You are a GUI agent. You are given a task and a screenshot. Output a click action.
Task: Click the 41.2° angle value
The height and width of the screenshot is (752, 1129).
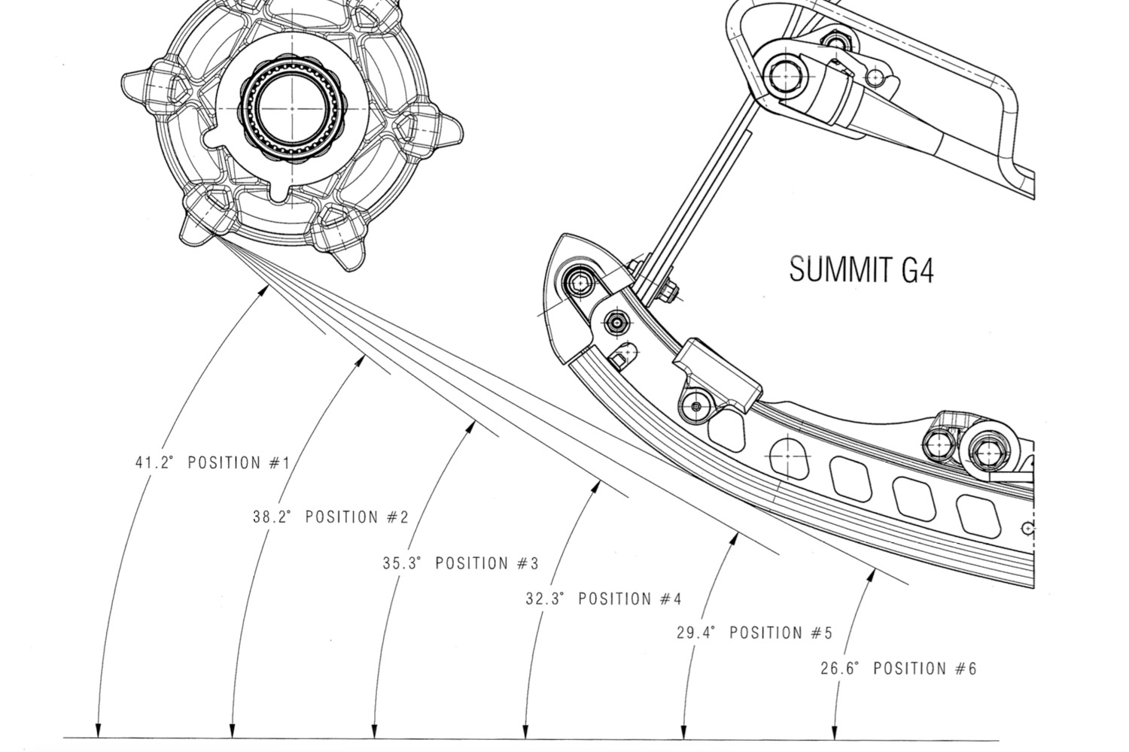click(154, 462)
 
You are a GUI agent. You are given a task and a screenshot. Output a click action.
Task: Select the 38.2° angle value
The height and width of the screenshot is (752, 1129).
click(272, 517)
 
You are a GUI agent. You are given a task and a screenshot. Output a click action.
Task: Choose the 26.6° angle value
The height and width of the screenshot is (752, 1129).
click(839, 668)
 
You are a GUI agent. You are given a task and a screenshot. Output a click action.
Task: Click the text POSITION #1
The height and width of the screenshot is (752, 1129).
click(239, 462)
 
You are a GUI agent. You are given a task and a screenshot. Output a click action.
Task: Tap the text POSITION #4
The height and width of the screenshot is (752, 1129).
click(630, 599)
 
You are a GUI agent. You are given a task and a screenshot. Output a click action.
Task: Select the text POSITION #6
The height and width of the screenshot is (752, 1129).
click(925, 668)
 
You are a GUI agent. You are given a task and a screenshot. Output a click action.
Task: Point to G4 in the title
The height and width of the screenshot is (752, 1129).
click(918, 269)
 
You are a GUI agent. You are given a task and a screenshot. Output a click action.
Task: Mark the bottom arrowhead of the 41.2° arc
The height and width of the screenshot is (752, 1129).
click(97, 732)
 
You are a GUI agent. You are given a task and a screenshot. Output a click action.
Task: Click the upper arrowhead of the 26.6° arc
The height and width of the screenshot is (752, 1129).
click(872, 575)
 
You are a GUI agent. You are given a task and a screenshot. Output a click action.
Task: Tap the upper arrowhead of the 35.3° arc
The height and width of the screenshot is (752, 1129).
click(472, 426)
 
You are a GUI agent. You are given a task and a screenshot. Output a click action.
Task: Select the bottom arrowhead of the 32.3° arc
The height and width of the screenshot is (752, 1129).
click(525, 732)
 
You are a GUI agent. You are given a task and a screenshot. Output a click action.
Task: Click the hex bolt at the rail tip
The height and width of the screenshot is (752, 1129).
click(579, 283)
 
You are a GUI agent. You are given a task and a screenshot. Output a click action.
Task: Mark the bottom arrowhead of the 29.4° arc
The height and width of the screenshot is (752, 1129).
click(683, 732)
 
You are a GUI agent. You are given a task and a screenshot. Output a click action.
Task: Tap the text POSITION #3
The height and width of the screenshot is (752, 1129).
click(487, 562)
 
